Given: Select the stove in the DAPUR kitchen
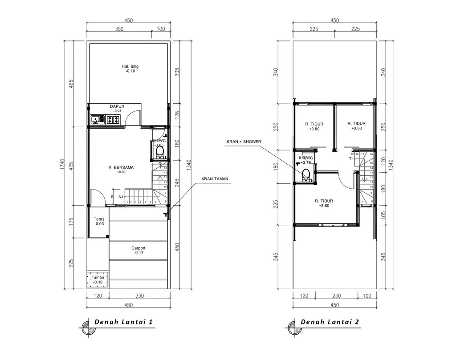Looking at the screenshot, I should pos(113,119).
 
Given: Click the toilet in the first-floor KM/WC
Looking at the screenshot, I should pos(160,153).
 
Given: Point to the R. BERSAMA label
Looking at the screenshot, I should pos(121,167).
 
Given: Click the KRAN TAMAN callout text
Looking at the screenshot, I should pos(215,179).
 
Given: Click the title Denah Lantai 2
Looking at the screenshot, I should pos(330,322).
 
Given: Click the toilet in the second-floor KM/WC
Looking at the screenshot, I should pos(305,178).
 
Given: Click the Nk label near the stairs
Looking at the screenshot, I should pos(121,196).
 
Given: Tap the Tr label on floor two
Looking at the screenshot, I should pos(351,158).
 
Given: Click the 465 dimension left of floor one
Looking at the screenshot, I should pos(71,84).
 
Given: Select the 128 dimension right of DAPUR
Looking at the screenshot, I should pos(177,115).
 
